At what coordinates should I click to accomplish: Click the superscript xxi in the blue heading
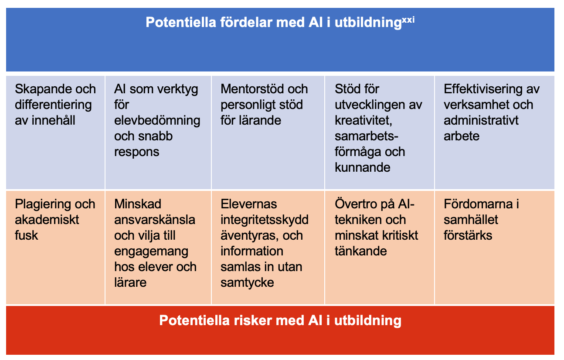point(408,20)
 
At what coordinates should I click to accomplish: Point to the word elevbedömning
point(157,121)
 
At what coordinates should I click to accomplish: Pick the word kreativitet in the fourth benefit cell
point(362,121)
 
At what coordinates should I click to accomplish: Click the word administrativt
point(481,120)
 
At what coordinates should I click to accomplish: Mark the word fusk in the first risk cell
point(27,235)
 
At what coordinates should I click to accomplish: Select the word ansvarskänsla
point(155,220)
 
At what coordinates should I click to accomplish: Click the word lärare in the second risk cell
point(130,282)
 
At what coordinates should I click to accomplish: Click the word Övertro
point(356,204)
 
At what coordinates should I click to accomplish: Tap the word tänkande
point(360,251)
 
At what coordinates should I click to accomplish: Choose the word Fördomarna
point(478,204)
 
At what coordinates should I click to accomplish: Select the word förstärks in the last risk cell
point(468,235)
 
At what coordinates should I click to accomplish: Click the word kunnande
point(362,167)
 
